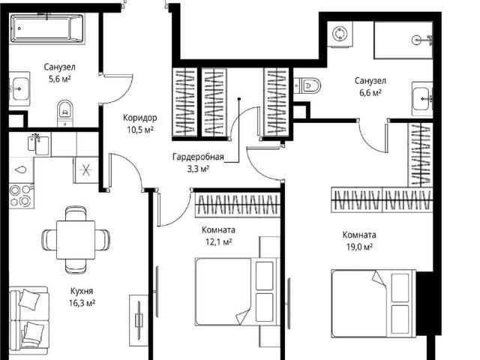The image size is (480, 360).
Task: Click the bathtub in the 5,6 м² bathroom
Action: (46, 28)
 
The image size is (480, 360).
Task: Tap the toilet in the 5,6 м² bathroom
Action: (65, 113)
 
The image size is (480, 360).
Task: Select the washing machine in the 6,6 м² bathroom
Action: (340, 34)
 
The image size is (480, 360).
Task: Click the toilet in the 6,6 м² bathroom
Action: (307, 86)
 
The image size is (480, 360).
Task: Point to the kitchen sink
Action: (38, 145)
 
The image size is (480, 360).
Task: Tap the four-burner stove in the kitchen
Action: (22, 196)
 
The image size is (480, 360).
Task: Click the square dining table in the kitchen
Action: (76, 240)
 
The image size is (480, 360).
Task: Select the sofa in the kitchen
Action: (28, 319)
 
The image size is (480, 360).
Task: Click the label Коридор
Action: (140, 118)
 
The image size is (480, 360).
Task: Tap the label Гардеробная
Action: (198, 157)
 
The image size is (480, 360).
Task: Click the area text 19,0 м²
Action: (359, 247)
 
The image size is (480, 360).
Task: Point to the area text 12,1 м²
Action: (218, 242)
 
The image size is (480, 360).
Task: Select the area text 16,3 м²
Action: (82, 303)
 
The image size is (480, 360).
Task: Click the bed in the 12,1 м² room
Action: (238, 292)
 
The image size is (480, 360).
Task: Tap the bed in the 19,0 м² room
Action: (373, 303)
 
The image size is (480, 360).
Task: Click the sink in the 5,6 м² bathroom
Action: (19, 88)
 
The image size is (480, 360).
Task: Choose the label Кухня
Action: (82, 291)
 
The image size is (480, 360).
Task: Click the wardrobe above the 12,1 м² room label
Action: (238, 205)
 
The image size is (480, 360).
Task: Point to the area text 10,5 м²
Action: (140, 130)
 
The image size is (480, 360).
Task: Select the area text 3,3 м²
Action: (198, 169)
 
